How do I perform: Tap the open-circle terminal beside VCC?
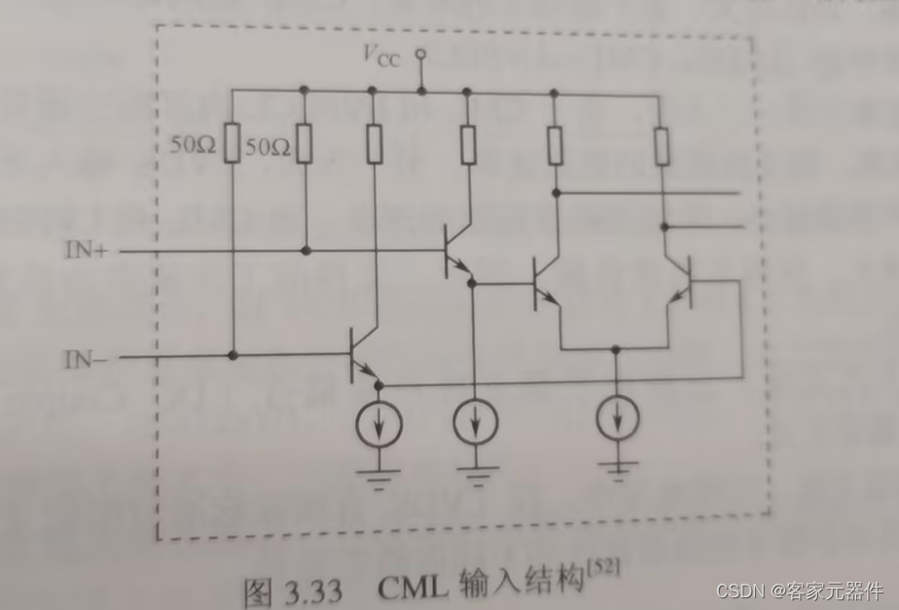[x=420, y=54]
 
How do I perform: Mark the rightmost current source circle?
[x=617, y=417]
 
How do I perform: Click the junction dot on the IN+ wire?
[x=306, y=251]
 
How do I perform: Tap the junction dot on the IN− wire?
[x=234, y=356]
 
